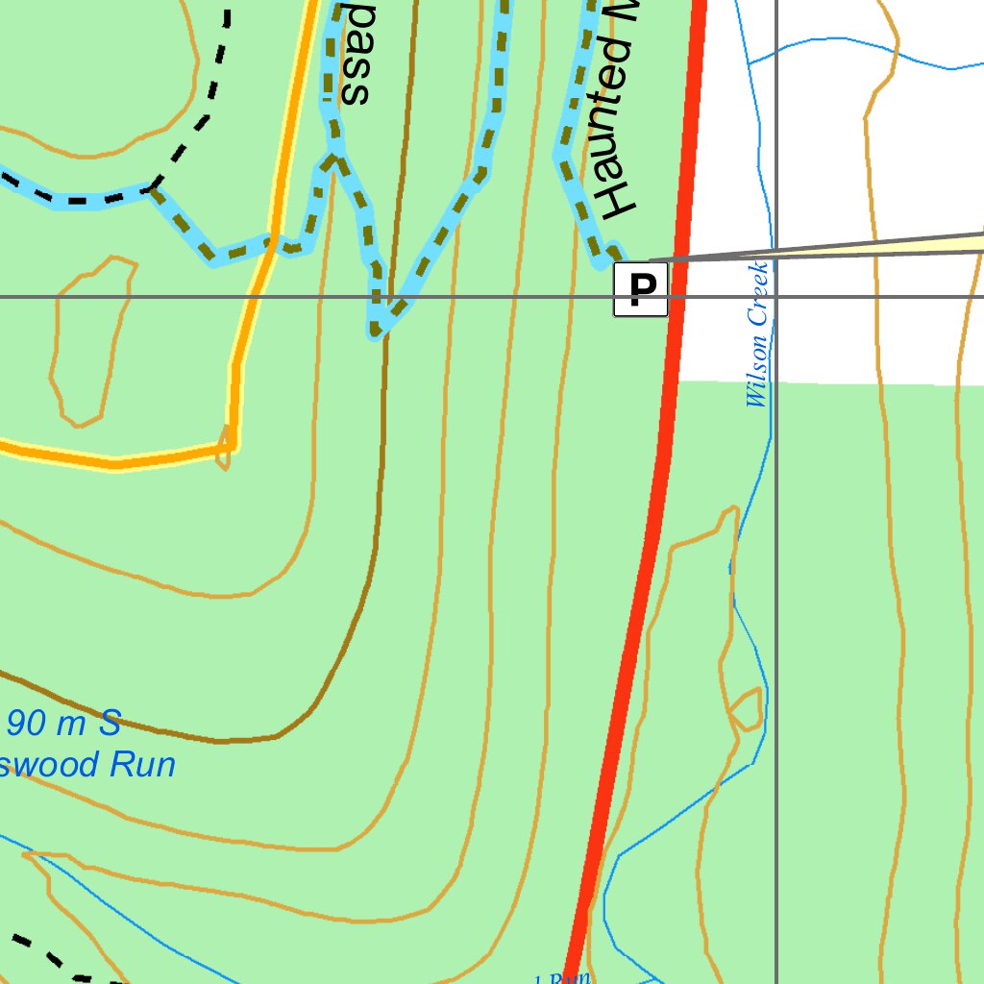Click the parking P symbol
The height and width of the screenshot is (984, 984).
(641, 289)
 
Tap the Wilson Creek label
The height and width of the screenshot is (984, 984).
(758, 334)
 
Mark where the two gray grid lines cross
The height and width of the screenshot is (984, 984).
(776, 297)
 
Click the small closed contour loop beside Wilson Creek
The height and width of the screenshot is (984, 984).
(746, 708)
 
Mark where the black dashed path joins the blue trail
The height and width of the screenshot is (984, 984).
(152, 188)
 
